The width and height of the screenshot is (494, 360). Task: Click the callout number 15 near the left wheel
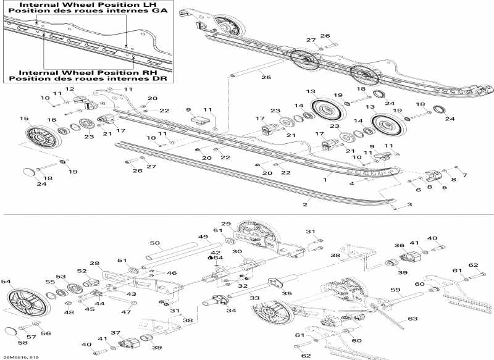point(24,119)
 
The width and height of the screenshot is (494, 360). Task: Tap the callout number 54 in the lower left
point(6,282)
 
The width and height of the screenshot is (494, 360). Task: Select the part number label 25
point(266,78)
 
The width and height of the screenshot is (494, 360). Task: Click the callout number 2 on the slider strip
point(304,204)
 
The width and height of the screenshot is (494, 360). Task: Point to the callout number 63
point(410,319)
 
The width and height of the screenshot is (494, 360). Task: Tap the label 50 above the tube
point(155,243)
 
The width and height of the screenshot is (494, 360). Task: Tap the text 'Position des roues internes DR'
point(88,78)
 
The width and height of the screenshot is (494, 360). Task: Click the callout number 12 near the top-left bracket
point(70,90)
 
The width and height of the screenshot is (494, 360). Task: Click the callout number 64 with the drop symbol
point(217,258)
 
